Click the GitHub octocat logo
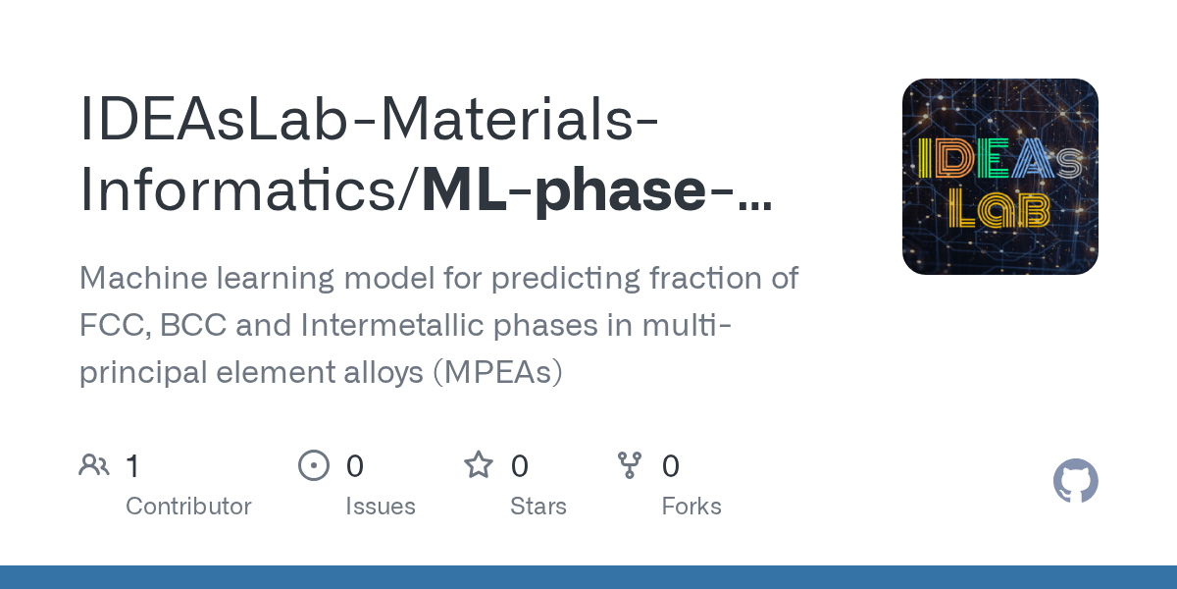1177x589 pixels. (1075, 482)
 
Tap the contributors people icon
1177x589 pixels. (94, 465)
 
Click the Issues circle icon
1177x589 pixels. (314, 465)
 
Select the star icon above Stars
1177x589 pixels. (478, 465)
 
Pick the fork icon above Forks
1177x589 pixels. (629, 465)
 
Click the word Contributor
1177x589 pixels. (188, 507)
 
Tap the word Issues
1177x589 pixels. (380, 507)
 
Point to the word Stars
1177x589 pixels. (537, 507)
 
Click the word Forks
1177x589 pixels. (691, 507)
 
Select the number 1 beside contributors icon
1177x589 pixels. (133, 465)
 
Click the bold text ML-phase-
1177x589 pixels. (594, 190)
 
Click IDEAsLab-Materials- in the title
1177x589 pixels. (369, 119)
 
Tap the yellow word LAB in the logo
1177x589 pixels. (1000, 209)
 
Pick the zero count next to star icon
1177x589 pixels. (520, 465)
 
